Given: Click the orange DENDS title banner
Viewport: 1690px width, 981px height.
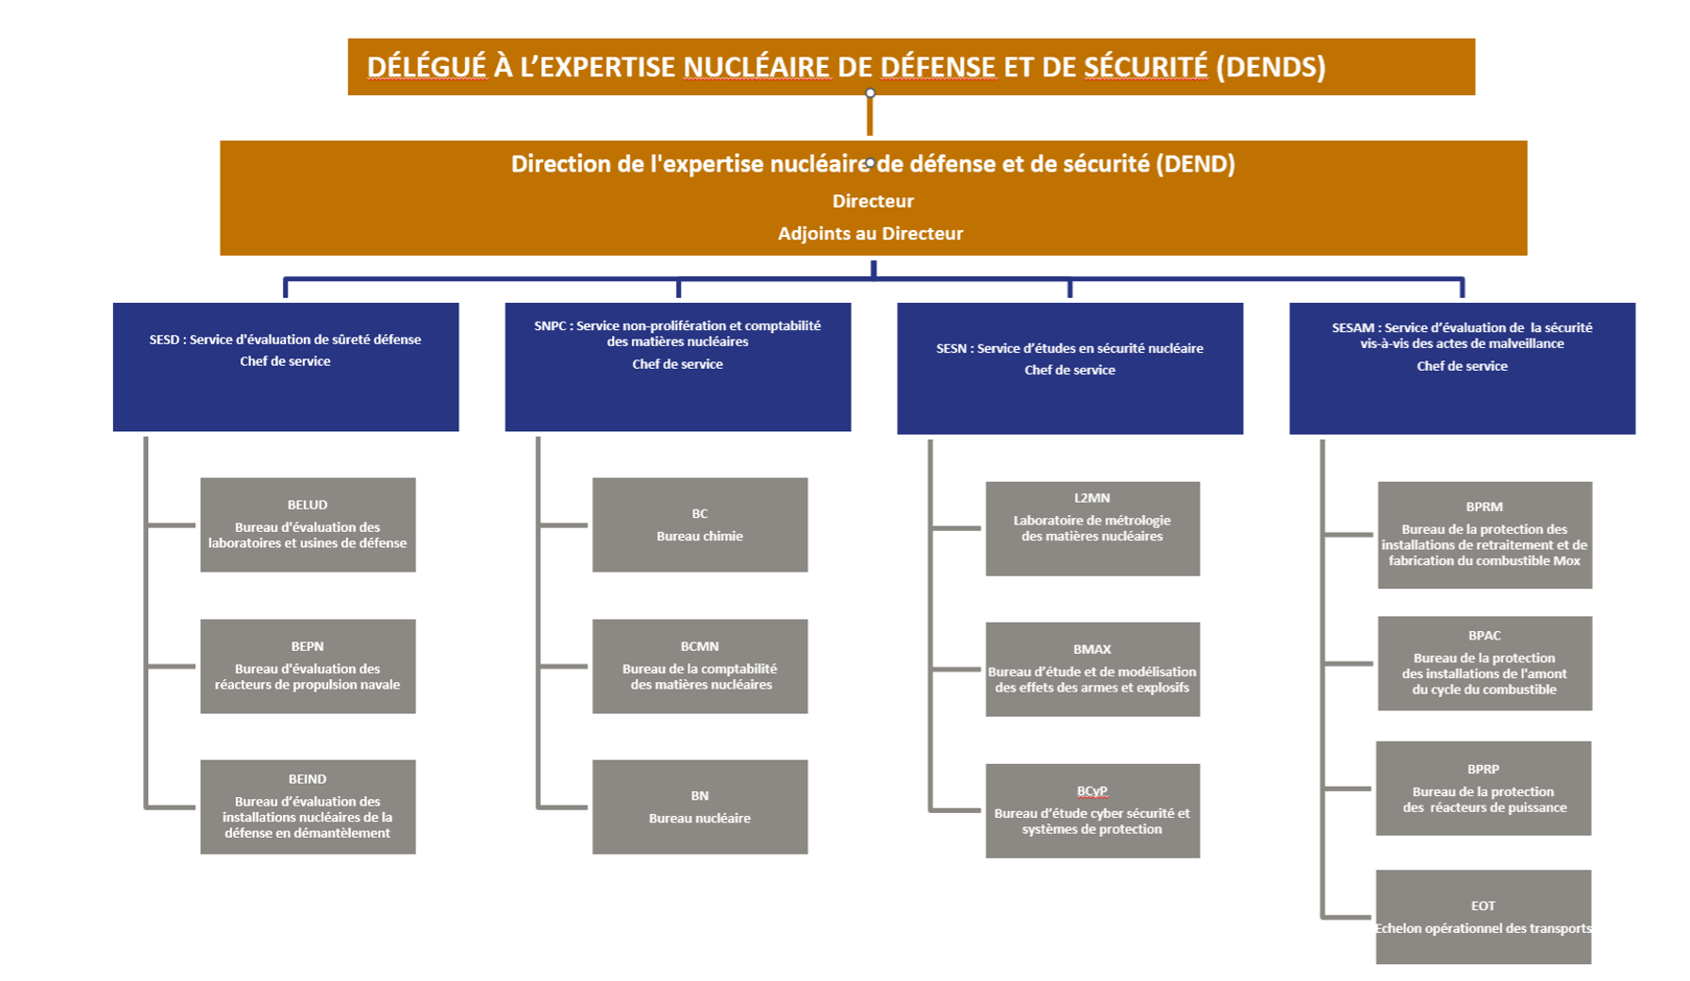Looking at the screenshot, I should click(x=911, y=67).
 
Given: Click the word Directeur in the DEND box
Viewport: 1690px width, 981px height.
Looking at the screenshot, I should click(x=872, y=201).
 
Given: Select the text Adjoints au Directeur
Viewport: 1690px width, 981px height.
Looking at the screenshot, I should click(x=870, y=233).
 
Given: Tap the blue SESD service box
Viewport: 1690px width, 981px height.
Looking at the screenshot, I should click(x=286, y=367).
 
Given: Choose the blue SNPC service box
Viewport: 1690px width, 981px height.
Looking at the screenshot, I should click(x=678, y=367).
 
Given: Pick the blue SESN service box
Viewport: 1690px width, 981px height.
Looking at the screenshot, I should click(x=1069, y=368).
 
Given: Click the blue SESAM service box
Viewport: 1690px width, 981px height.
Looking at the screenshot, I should click(x=1462, y=368).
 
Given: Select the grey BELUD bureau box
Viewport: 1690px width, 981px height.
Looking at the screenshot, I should click(x=307, y=524).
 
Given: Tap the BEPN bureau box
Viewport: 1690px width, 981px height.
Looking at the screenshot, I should click(x=307, y=666).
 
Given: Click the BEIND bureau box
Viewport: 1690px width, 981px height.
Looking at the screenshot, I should click(x=307, y=806).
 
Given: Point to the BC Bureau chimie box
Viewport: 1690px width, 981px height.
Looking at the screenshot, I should click(x=700, y=524).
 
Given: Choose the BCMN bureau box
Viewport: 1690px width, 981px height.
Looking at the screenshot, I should click(x=700, y=666).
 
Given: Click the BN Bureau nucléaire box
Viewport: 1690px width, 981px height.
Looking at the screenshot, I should click(x=700, y=806).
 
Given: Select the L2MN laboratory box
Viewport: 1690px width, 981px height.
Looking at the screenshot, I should click(x=1092, y=528).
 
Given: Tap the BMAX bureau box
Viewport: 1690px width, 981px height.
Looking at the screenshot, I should click(x=1092, y=669).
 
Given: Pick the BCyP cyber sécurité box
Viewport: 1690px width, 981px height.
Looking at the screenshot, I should click(x=1092, y=810).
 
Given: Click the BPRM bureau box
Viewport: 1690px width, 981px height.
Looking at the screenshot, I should click(x=1484, y=535).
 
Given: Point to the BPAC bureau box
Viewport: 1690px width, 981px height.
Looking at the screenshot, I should click(x=1484, y=663).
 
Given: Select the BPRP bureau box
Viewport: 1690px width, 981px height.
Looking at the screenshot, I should click(x=1483, y=788).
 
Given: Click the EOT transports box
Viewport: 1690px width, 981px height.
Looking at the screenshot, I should click(x=1483, y=917).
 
